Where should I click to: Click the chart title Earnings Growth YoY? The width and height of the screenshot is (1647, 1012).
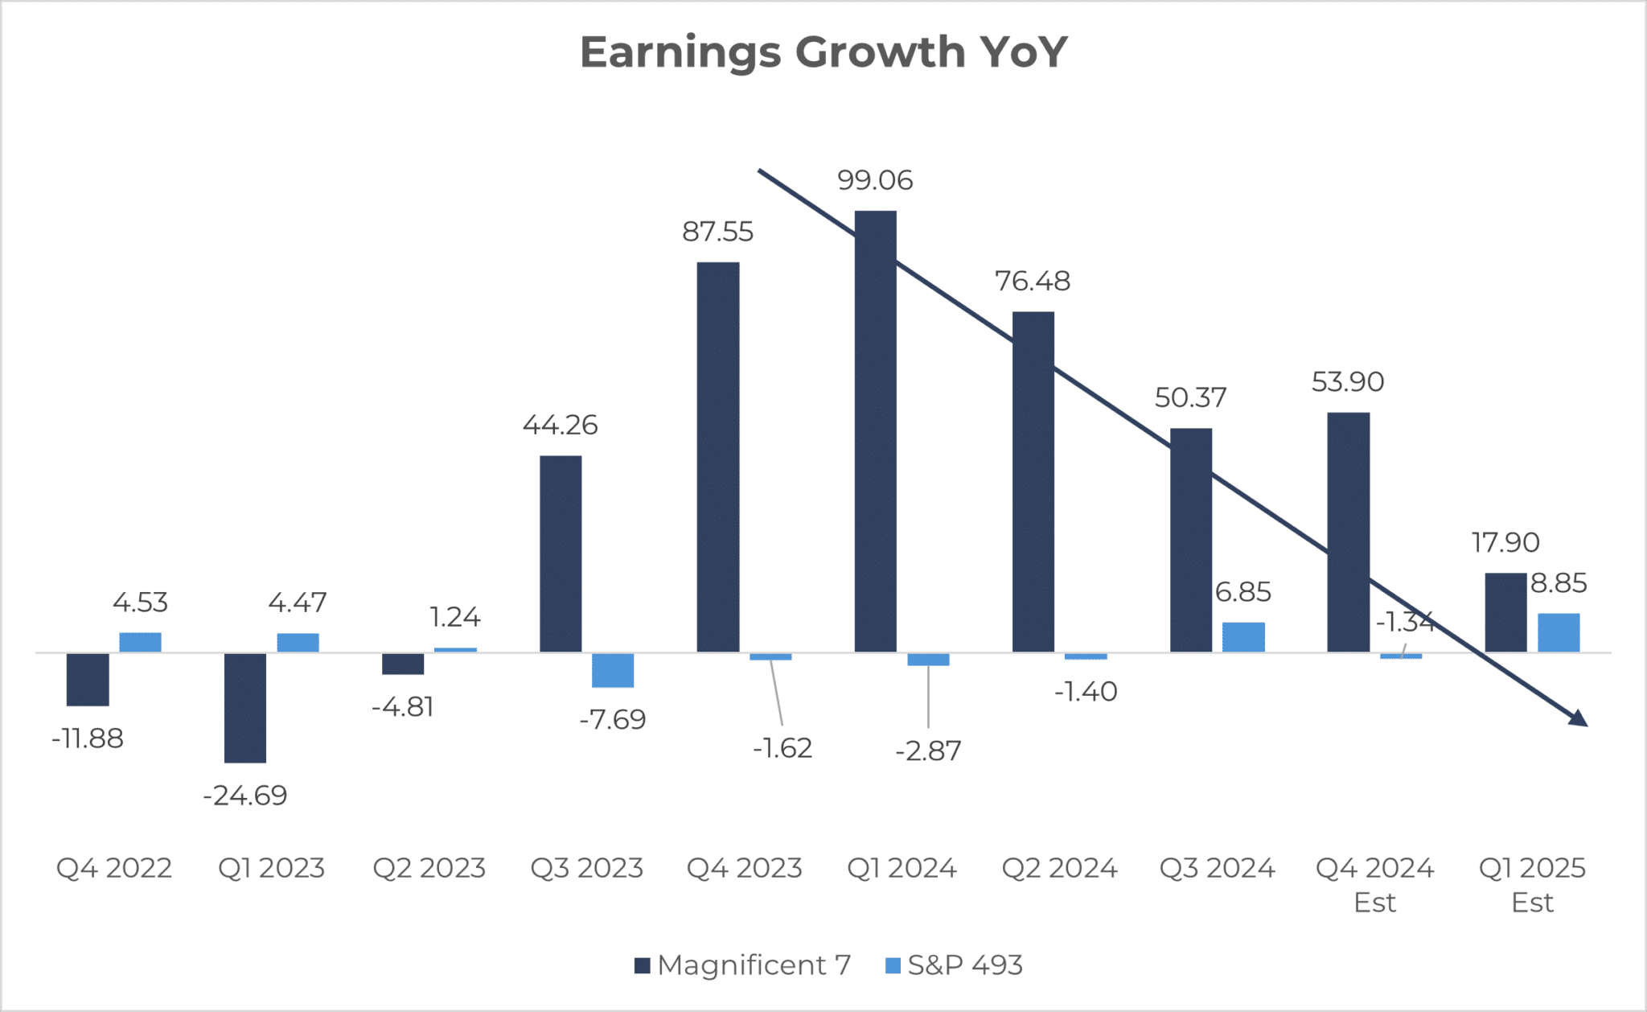823,52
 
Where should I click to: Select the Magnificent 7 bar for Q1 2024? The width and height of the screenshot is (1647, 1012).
875,431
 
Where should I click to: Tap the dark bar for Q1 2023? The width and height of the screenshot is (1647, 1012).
245,707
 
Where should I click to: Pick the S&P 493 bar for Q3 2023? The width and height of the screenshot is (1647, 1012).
613,670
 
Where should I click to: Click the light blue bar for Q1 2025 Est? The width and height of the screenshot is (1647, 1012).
1559,633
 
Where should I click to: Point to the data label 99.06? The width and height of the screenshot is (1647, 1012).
875,180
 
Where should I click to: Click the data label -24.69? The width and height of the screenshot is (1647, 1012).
245,796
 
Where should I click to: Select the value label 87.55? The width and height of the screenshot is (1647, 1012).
717,232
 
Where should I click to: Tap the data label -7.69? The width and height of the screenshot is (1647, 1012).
613,719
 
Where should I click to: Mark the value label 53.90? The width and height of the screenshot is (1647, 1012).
1348,382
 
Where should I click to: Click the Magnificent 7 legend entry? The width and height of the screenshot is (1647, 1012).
742,965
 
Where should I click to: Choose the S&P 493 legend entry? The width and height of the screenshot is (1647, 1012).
954,965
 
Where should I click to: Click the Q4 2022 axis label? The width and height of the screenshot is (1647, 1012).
114,869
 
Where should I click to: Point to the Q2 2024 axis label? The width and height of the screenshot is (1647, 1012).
1059,869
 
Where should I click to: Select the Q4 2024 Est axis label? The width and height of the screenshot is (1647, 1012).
1374,884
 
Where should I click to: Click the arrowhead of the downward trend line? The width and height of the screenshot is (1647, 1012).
1579,719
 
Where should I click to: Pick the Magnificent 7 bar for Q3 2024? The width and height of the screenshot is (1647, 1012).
1190,540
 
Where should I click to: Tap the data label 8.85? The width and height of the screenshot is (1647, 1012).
1559,583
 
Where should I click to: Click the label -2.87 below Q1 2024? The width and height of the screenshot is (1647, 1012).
928,751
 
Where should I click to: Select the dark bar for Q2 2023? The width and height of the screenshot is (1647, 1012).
403,664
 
